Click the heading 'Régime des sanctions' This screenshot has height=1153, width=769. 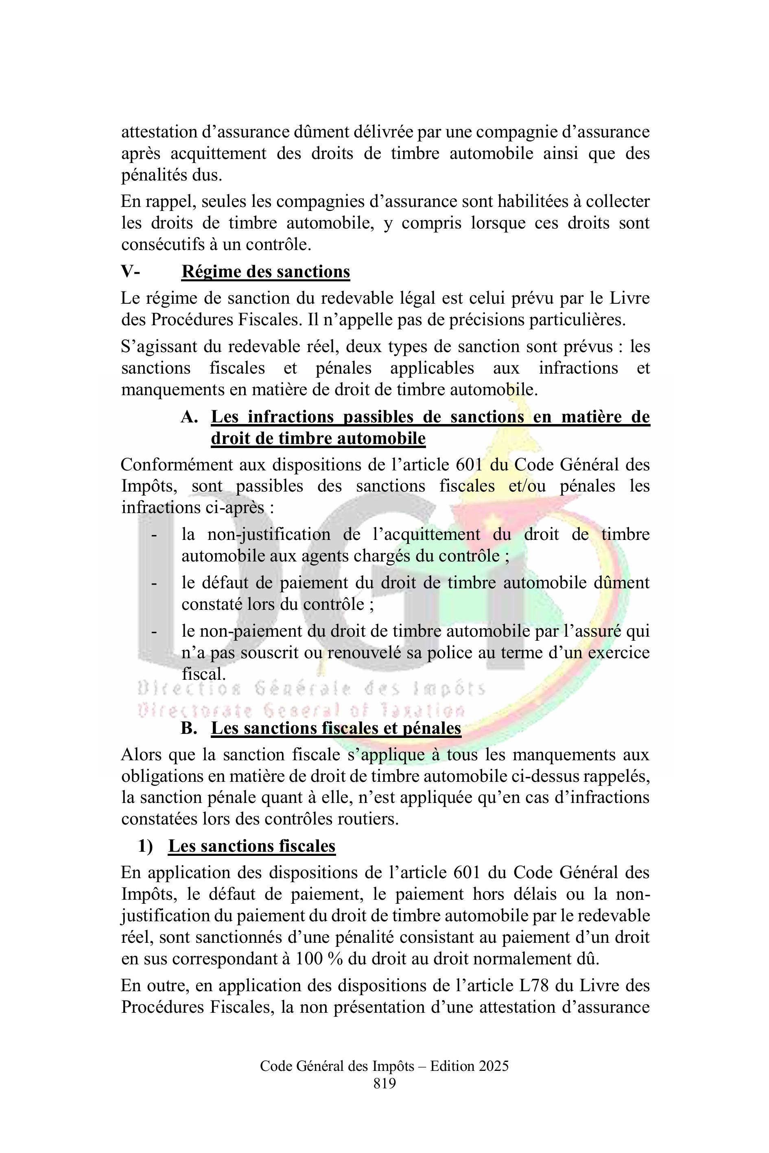click(265, 272)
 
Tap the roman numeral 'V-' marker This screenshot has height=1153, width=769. click(131, 272)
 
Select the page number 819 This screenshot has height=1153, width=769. click(384, 1083)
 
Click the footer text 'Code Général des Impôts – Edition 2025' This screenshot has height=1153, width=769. click(384, 1066)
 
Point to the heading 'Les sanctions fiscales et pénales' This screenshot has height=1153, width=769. click(336, 728)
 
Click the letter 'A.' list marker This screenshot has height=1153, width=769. click(189, 417)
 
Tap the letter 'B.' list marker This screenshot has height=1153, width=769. click(189, 728)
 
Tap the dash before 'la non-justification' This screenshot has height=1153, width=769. click(154, 535)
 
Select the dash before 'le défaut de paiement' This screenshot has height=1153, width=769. click(154, 583)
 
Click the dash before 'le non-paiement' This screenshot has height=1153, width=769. click(154, 631)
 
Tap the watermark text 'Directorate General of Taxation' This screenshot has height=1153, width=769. click(301, 710)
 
